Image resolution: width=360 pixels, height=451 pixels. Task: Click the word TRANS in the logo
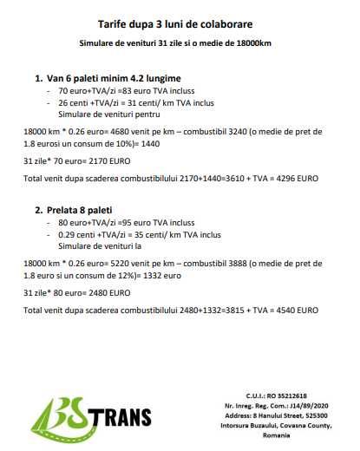coord(124,419)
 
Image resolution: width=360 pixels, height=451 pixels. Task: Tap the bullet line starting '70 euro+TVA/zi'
coord(115,90)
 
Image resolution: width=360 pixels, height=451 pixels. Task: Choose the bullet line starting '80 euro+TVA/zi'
coord(114,222)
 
